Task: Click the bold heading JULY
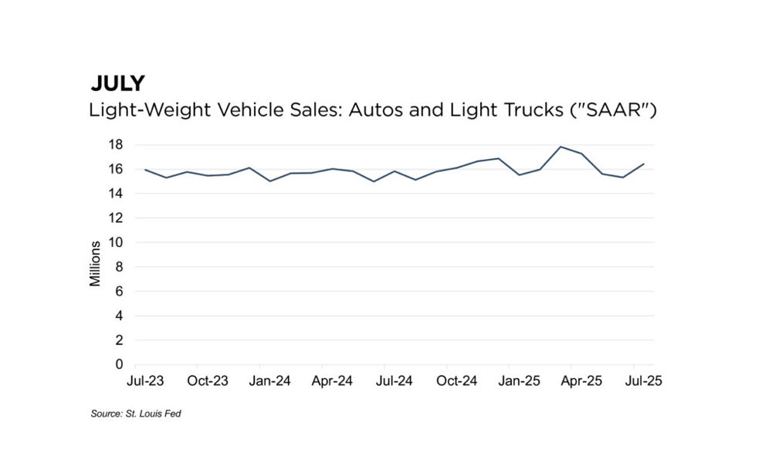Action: (x=117, y=83)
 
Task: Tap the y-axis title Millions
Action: (x=96, y=263)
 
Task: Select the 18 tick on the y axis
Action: (x=115, y=144)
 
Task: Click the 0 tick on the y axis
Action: (x=119, y=364)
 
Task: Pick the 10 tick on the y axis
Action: (x=115, y=242)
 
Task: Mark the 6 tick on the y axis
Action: (x=119, y=291)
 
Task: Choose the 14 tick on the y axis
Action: (x=115, y=194)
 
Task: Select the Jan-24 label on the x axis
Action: (x=271, y=381)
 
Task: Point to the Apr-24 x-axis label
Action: (x=333, y=381)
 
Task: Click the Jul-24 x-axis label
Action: (x=395, y=381)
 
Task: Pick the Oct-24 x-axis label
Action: (x=457, y=381)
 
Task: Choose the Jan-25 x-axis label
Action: (x=520, y=381)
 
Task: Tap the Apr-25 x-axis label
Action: (x=581, y=381)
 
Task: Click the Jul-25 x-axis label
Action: (x=644, y=381)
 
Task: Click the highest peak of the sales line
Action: (x=560, y=147)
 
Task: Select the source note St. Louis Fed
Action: (x=136, y=414)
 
